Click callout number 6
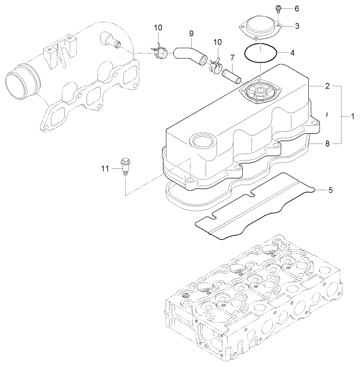point(297,8)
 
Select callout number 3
point(297,26)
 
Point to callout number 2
point(327,86)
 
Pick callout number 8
point(327,144)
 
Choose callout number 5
point(331,190)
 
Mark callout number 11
point(105,169)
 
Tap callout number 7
point(232,57)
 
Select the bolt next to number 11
point(124,165)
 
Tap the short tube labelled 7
point(231,72)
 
